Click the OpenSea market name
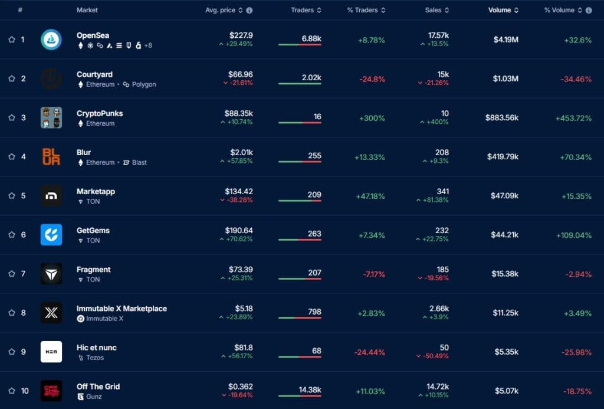(x=93, y=35)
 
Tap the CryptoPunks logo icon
(x=51, y=117)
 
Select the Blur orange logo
(x=51, y=156)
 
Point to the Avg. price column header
(x=221, y=10)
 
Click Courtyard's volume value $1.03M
(x=505, y=78)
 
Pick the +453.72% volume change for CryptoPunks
(x=573, y=117)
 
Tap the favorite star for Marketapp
(x=12, y=195)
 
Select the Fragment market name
(x=93, y=269)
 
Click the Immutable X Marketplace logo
(x=51, y=312)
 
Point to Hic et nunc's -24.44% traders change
(x=369, y=352)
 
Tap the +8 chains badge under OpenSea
(x=147, y=45)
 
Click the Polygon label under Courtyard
(x=143, y=84)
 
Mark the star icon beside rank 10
(x=12, y=390)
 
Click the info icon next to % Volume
(x=589, y=10)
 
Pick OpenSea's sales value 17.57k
(x=438, y=35)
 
